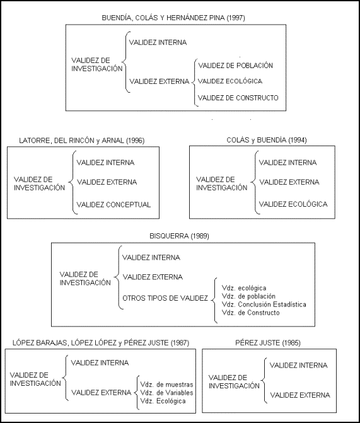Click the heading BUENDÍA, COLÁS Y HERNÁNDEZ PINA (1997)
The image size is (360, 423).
point(173,18)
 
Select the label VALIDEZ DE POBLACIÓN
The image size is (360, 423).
point(236,66)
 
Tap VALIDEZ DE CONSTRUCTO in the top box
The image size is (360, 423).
point(238,98)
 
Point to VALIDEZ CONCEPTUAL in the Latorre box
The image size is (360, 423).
point(113,204)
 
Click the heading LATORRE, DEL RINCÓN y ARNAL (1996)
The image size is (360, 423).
point(82,141)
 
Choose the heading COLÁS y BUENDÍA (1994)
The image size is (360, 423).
point(267,140)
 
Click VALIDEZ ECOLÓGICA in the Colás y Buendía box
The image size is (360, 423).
point(293,204)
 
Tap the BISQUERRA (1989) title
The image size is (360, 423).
point(179,236)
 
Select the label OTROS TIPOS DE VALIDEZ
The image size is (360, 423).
point(165,298)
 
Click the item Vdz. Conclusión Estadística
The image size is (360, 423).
point(264,304)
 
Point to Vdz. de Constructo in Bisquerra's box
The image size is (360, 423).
point(251,313)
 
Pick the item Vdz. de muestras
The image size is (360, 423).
point(167,385)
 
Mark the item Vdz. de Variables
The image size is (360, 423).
point(167,393)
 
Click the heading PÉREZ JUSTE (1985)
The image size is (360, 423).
point(268,343)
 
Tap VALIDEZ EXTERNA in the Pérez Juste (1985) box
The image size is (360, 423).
point(300,395)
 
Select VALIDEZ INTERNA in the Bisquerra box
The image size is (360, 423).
point(151,257)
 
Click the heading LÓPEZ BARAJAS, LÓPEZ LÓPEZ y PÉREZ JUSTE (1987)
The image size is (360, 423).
point(101,343)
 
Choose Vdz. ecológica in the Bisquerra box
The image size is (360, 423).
point(244,288)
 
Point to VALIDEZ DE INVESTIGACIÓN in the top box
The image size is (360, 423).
point(97,64)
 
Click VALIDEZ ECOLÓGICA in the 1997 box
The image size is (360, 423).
point(230,81)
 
